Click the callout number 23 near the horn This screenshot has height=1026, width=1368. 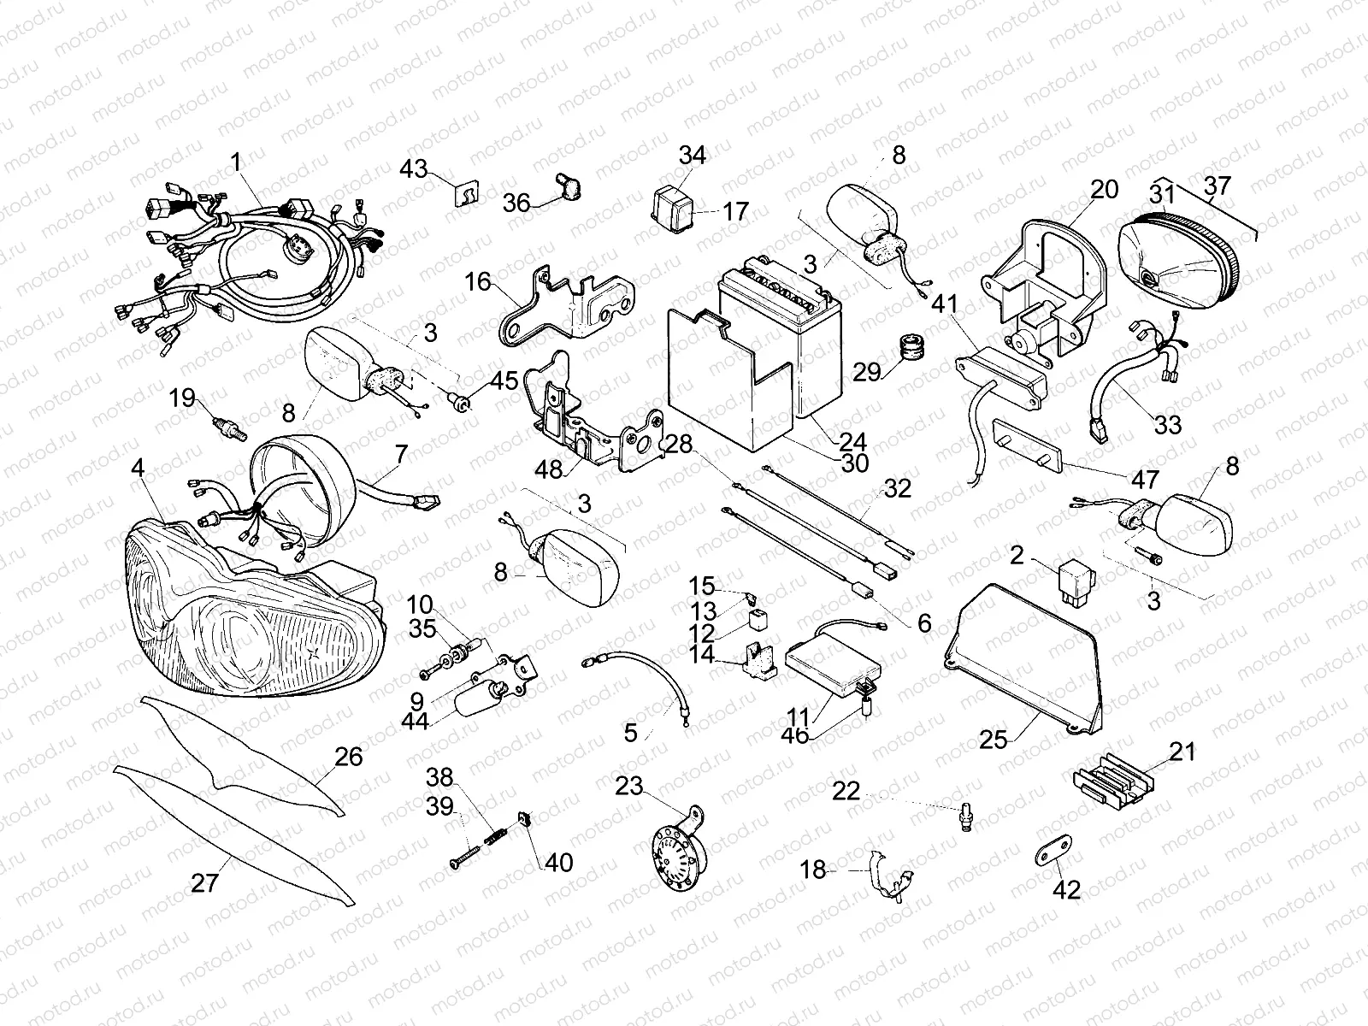[629, 786]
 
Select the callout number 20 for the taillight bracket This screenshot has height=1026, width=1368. [1105, 190]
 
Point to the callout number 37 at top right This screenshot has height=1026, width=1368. [1218, 186]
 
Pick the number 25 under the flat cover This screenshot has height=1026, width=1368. [994, 739]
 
